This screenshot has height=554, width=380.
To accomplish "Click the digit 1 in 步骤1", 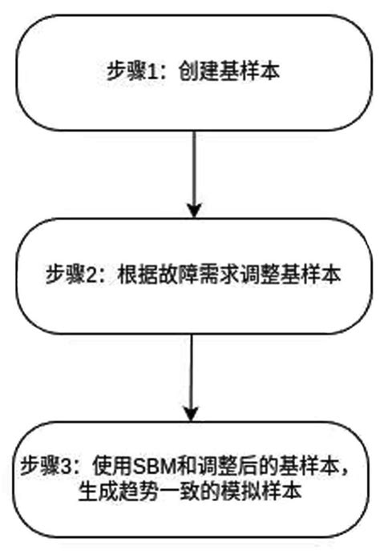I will tap(150, 69).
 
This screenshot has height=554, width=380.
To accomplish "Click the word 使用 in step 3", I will tap(111, 467).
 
